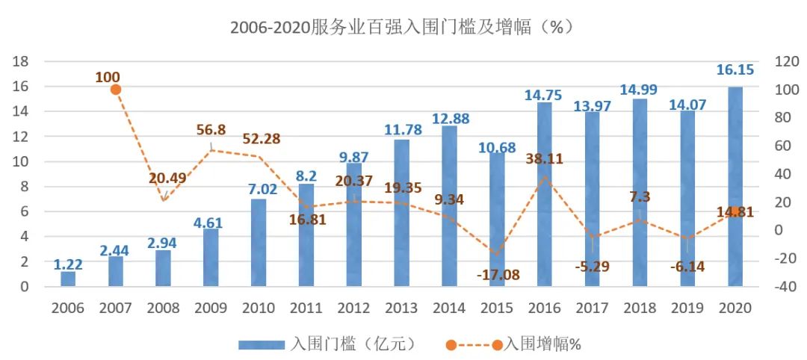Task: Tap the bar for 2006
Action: [x=68, y=279]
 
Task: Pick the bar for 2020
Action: [x=735, y=187]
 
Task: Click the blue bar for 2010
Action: [x=259, y=243]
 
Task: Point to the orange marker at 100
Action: [x=116, y=90]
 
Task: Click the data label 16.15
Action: [x=735, y=71]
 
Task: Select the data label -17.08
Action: [x=497, y=275]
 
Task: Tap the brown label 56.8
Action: [x=211, y=129]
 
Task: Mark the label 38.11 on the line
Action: [x=544, y=158]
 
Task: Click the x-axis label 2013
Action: [x=402, y=308]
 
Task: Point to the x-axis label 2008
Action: [x=164, y=308]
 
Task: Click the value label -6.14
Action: [x=687, y=267]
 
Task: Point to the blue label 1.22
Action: [x=68, y=264]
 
